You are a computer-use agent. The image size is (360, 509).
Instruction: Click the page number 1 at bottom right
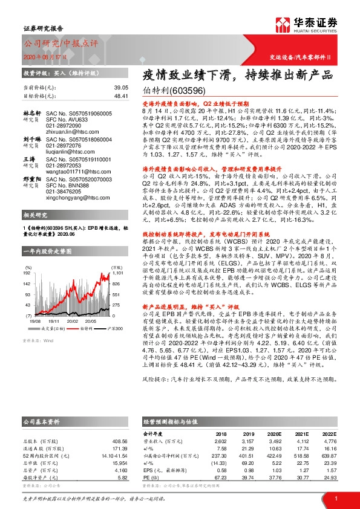tap(336, 498)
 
